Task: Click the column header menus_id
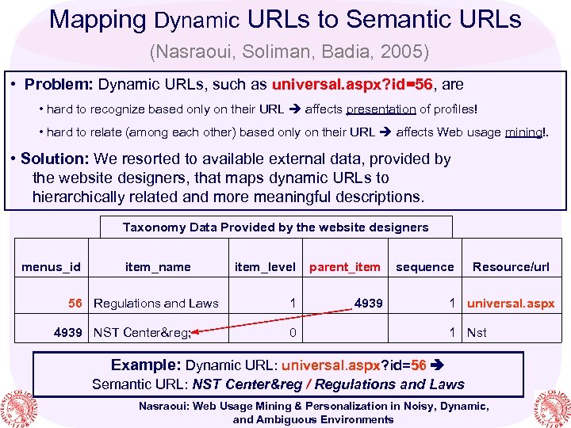(x=51, y=267)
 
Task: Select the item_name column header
(x=158, y=267)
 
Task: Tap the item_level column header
(x=265, y=267)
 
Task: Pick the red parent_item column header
(x=344, y=267)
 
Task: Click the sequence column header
(x=425, y=267)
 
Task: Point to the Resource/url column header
(x=511, y=267)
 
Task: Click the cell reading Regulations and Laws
(x=156, y=304)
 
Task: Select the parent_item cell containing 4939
(x=368, y=303)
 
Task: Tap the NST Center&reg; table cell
(x=143, y=332)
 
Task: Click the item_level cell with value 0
(x=292, y=332)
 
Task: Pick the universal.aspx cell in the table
(x=512, y=304)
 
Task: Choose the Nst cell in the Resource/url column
(x=477, y=332)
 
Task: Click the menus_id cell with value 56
(x=75, y=304)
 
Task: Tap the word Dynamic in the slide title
(x=197, y=19)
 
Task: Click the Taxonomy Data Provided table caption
(x=275, y=227)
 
